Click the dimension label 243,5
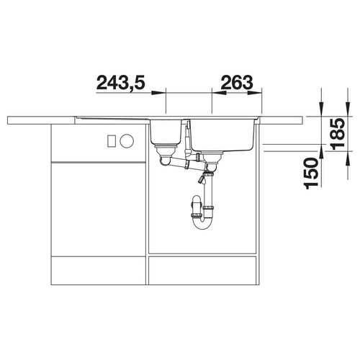[x=121, y=83]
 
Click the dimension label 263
[x=237, y=83]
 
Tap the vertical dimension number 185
[x=338, y=134]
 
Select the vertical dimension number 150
[x=311, y=174]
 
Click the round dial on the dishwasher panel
[x=127, y=141]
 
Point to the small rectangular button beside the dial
[x=112, y=141]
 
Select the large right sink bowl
[x=222, y=135]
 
